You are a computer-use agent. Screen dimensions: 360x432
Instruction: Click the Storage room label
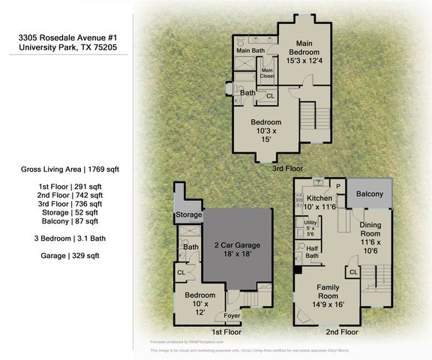click(187, 214)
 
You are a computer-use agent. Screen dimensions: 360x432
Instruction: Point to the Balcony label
click(370, 195)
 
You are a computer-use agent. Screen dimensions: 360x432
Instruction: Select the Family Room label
click(328, 293)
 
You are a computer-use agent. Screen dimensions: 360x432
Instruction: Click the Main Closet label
click(267, 73)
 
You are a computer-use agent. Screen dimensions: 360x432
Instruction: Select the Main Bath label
click(250, 51)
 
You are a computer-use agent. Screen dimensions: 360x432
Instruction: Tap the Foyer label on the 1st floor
click(232, 316)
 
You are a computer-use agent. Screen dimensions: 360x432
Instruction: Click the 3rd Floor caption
click(288, 169)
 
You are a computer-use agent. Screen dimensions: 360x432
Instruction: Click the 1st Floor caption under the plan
click(226, 331)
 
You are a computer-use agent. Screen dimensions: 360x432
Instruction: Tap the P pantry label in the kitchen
click(337, 185)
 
